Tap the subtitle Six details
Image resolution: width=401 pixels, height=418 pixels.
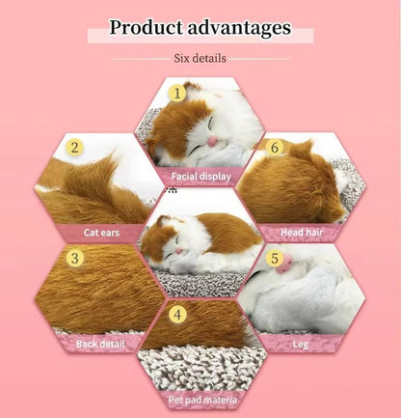(x=200, y=58)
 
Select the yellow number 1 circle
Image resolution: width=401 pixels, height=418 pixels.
(x=176, y=94)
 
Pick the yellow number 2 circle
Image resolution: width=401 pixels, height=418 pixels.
(x=74, y=148)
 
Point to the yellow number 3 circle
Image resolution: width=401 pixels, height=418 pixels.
(x=74, y=258)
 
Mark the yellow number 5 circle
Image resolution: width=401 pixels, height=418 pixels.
(x=275, y=258)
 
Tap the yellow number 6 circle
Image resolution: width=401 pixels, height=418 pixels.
(x=275, y=148)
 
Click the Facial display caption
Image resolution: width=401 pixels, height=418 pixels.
(x=200, y=177)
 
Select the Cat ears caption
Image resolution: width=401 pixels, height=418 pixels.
(x=100, y=232)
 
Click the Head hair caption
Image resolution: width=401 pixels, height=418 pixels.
(x=299, y=232)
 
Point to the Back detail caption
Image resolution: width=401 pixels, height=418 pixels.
(x=100, y=343)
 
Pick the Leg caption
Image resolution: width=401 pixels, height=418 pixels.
(x=300, y=343)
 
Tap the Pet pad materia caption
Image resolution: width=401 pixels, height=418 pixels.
(x=200, y=397)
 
